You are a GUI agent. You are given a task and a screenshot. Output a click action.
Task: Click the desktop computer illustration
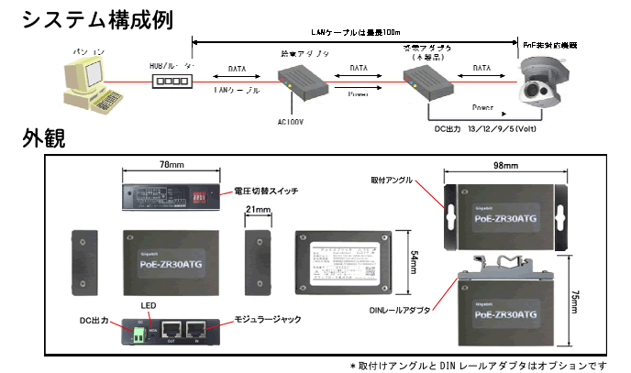click(92, 78)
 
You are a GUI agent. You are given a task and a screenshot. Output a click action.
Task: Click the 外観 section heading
click(44, 139)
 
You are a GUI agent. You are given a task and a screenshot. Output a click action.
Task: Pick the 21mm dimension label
click(259, 211)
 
